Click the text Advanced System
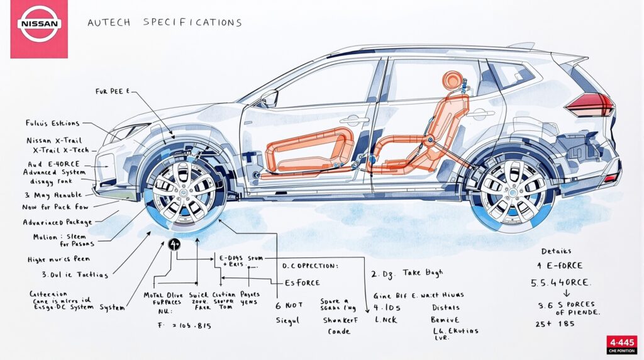pos(53,172)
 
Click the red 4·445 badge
pos(621,344)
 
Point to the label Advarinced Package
pos(57,222)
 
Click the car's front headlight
pos(132,131)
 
